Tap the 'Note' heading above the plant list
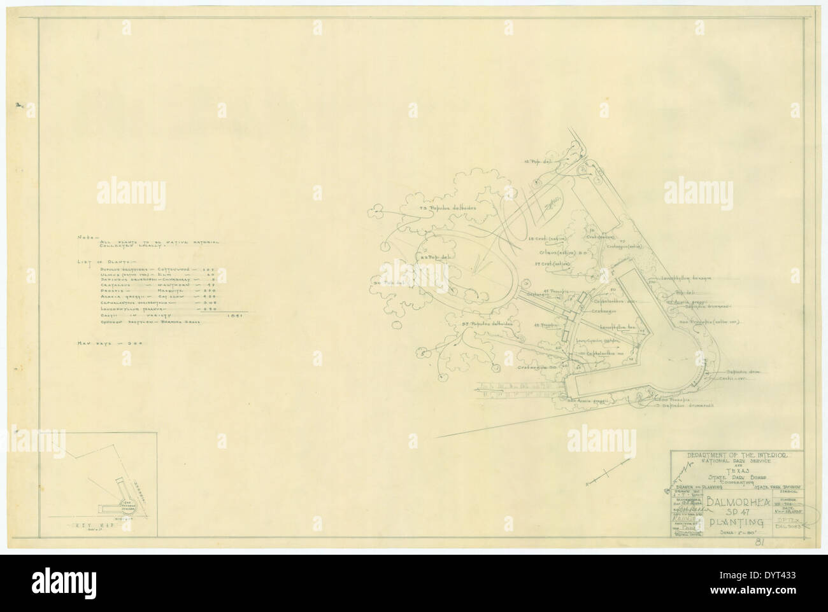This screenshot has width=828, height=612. point(85,236)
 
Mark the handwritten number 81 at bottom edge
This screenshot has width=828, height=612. point(758,542)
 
